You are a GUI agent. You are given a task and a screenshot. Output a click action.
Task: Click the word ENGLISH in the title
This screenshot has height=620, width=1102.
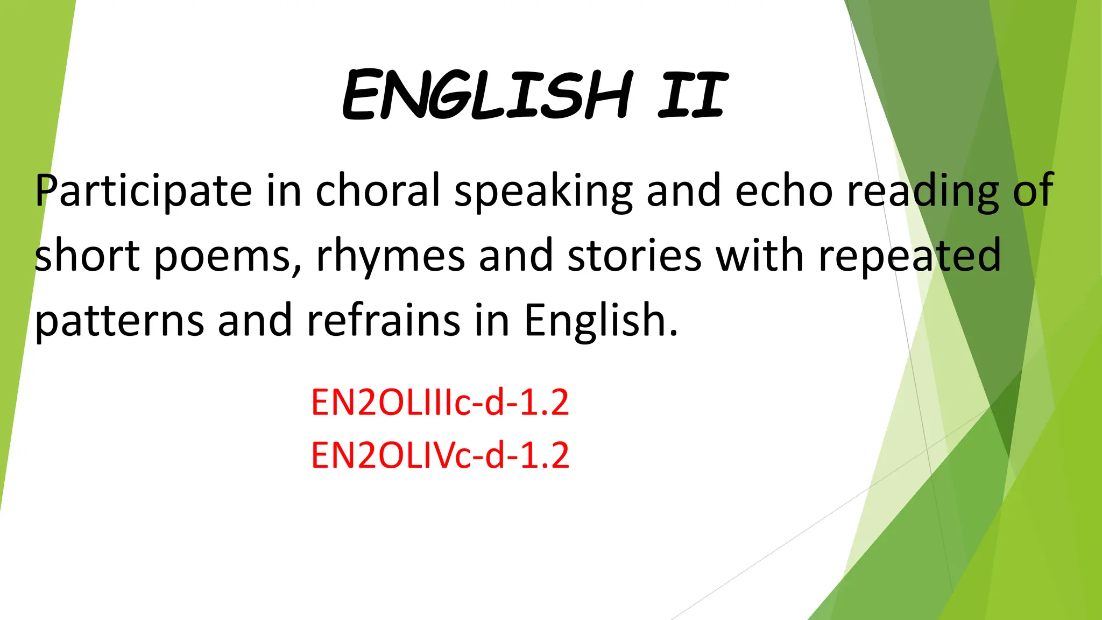click(x=487, y=96)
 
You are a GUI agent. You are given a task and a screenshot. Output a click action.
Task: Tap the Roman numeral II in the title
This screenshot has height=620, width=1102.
click(x=693, y=96)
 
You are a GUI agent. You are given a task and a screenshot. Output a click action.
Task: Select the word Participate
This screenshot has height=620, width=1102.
click(x=143, y=191)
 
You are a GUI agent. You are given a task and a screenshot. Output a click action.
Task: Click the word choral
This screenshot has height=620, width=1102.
click(x=378, y=191)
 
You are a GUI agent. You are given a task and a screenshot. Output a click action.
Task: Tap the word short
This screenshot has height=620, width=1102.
click(x=87, y=256)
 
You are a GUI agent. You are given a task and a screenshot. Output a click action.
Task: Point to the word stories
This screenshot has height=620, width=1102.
click(x=634, y=256)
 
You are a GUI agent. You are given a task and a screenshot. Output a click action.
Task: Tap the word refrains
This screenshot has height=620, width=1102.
click(x=383, y=320)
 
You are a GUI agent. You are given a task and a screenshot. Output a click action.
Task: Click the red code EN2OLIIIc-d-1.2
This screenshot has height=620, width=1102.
click(x=440, y=403)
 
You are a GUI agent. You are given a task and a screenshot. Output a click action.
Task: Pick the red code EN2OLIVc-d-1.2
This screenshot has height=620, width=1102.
click(x=440, y=455)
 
